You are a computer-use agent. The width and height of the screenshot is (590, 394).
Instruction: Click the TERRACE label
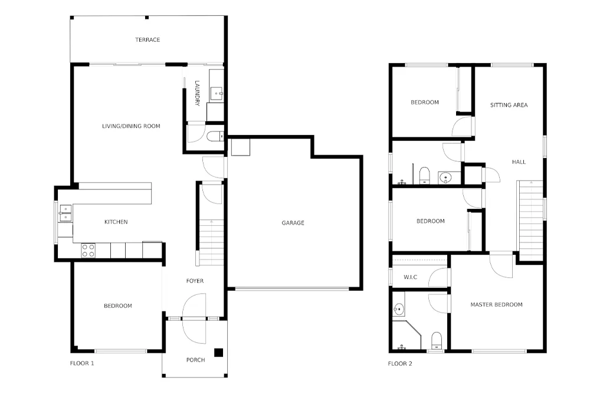point(147,40)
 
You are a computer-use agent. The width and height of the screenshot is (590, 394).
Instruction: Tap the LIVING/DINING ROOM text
point(131,126)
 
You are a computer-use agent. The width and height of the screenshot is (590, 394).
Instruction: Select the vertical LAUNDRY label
point(197,94)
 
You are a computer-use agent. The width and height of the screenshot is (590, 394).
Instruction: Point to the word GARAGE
point(293,222)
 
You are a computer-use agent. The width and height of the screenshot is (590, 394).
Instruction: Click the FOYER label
point(195,281)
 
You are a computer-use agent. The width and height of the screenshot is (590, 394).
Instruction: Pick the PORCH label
point(195,360)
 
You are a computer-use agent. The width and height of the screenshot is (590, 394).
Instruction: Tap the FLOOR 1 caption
point(82,363)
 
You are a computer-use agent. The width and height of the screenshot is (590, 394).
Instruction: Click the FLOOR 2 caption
point(400,363)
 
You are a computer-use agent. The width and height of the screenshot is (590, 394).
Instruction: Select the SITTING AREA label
point(509,105)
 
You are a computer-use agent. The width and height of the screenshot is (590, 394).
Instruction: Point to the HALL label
point(519,162)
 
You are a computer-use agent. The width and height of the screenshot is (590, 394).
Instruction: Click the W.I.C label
point(411,277)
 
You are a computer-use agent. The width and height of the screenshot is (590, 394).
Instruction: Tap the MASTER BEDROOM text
point(496,304)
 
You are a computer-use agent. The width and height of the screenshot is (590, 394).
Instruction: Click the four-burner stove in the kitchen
point(88,251)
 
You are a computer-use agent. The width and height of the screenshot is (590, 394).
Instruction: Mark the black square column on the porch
point(218,353)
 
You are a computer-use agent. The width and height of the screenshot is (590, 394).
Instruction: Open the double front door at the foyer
point(195,318)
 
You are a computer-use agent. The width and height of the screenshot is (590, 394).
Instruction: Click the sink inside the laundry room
point(217,93)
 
